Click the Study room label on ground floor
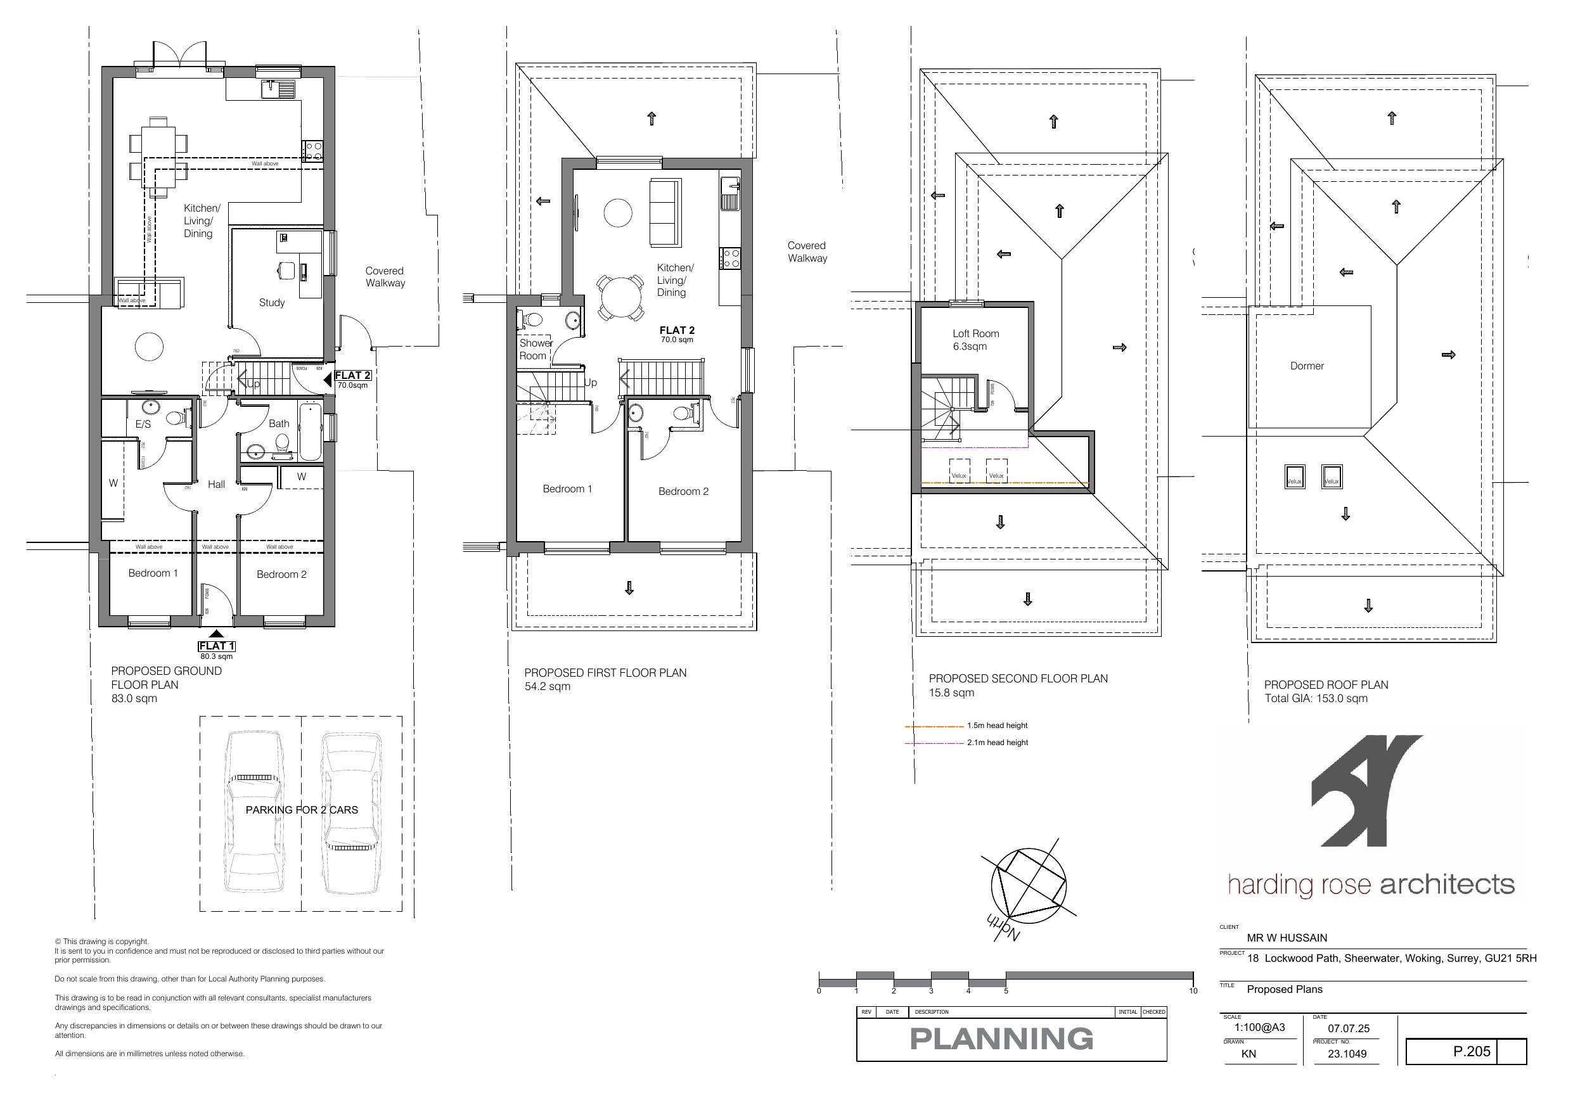click(x=271, y=302)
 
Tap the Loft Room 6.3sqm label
click(x=975, y=340)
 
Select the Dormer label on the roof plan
click(x=1306, y=366)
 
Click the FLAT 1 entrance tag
click(x=217, y=646)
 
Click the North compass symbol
click(x=1029, y=885)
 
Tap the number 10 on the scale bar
click(x=1193, y=991)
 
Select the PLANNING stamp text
click(x=1001, y=1039)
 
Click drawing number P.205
click(x=1472, y=1051)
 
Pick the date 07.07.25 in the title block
click(x=1348, y=1028)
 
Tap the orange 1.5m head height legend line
click(x=934, y=725)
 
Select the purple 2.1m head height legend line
click(x=934, y=743)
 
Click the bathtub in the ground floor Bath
click(x=310, y=432)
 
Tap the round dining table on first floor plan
click(x=619, y=297)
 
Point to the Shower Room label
click(x=535, y=349)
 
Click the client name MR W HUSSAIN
click(x=1287, y=938)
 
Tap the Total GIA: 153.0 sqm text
click(x=1316, y=698)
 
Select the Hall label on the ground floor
click(x=217, y=485)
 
